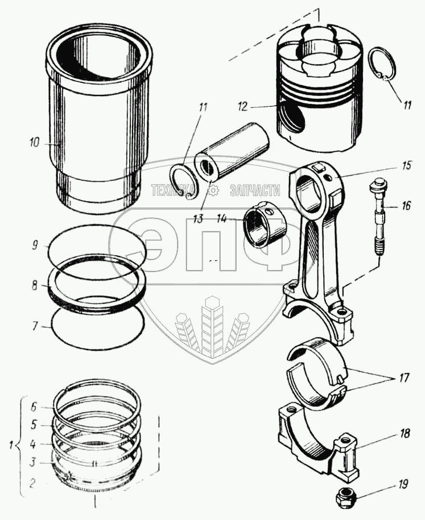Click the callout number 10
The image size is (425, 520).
[x=35, y=143]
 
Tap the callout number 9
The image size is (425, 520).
[x=35, y=247]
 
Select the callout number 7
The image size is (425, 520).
[x=35, y=326]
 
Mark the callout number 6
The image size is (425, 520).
[x=35, y=407]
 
